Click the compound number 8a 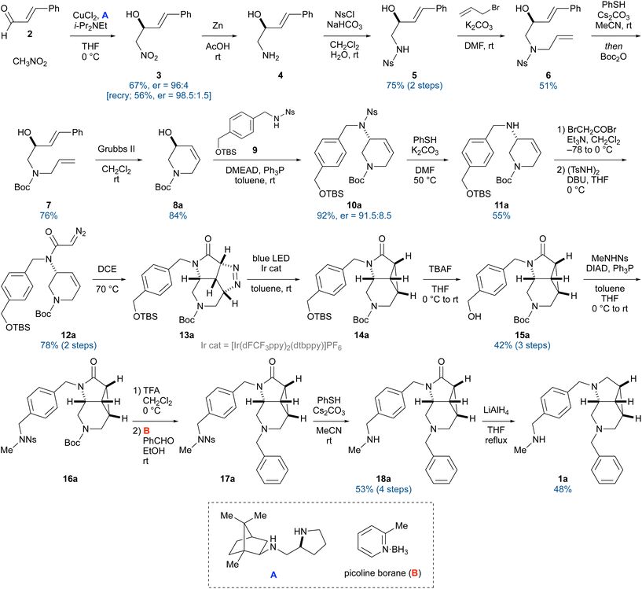[178, 205]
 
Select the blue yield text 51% [548, 86]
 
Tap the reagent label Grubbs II [116, 149]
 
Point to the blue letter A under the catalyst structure [273, 575]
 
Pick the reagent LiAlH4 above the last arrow [496, 410]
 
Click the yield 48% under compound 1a [563, 489]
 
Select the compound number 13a [186, 335]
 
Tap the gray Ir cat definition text [271, 346]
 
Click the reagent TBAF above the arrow [440, 269]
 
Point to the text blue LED [271, 258]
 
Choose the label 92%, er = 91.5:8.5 [354, 215]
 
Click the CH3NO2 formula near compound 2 [30, 62]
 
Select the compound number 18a [383, 478]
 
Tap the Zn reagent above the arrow [218, 25]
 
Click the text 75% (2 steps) [414, 86]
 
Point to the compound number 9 [255, 150]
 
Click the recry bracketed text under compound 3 [159, 95]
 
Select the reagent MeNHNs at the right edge [610, 258]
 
